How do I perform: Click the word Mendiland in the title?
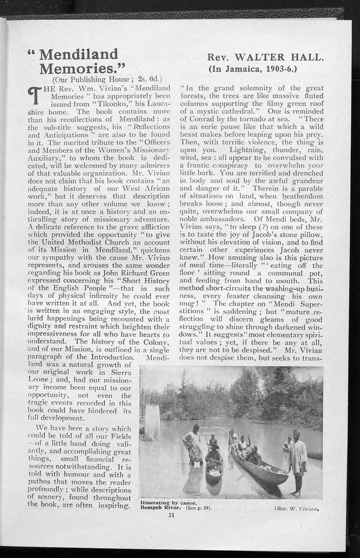tap(78, 54)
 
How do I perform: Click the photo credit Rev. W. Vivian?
tap(298, 505)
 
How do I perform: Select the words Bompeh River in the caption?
tap(161, 507)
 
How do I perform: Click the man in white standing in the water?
tap(193, 445)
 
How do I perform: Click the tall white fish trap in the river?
tap(153, 421)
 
